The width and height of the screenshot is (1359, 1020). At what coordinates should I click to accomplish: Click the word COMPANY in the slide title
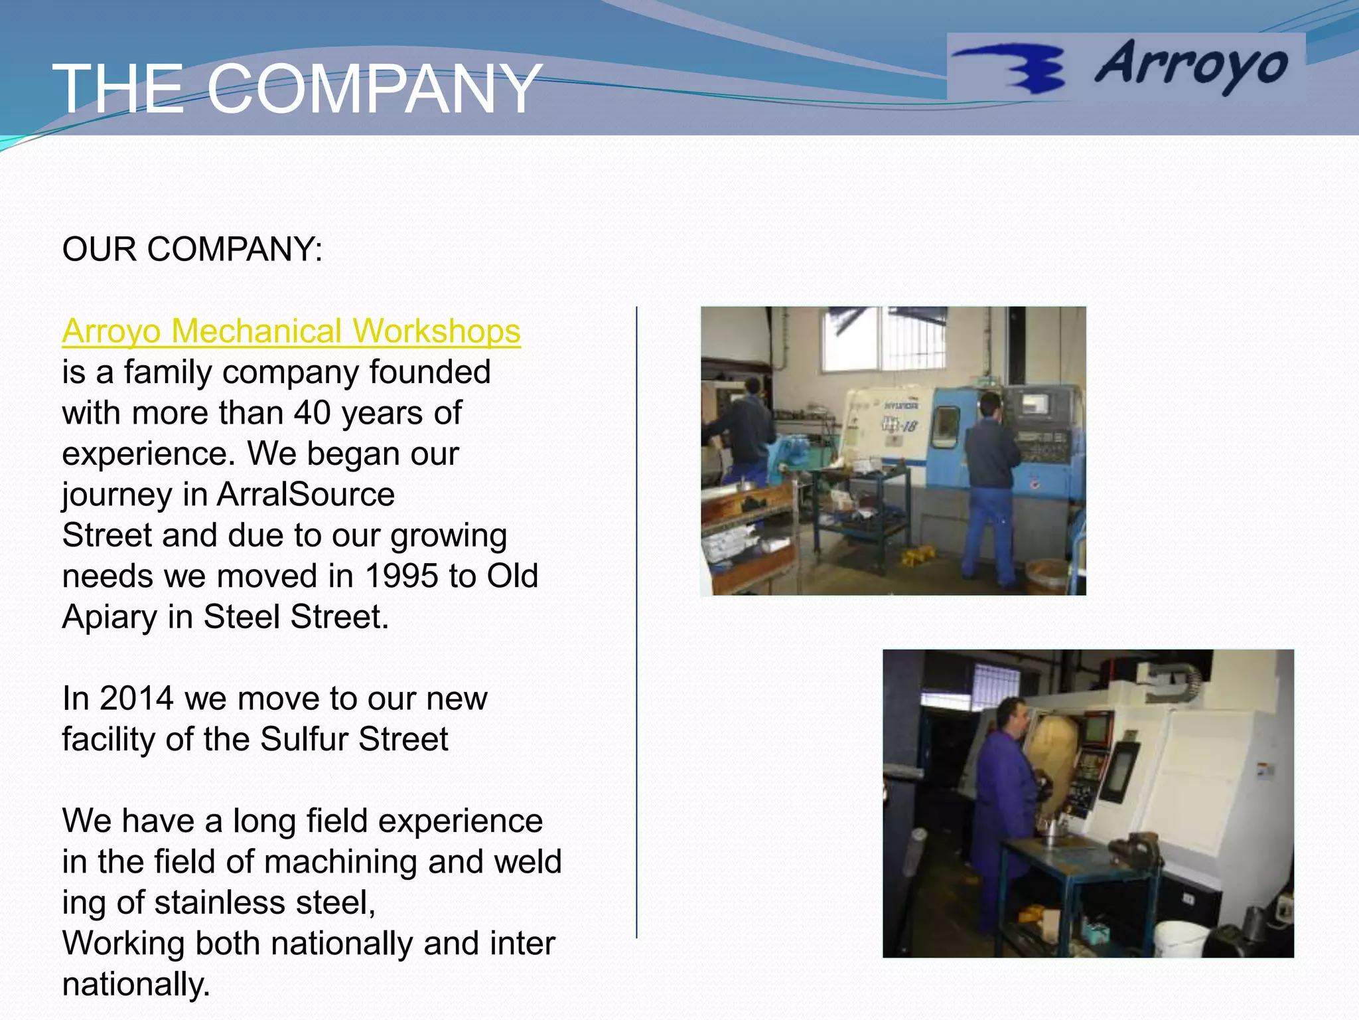point(374,89)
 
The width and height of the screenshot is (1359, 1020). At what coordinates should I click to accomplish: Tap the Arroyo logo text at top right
point(1191,65)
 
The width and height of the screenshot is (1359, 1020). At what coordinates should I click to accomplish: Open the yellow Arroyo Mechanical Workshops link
point(291,331)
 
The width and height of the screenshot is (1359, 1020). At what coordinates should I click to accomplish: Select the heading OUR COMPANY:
point(192,250)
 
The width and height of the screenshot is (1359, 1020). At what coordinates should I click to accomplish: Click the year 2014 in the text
point(137,699)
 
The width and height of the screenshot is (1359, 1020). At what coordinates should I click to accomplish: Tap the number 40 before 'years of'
point(313,413)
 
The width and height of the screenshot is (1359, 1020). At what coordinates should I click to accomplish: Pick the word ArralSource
point(306,495)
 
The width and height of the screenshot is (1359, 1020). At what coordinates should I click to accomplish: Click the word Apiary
point(109,617)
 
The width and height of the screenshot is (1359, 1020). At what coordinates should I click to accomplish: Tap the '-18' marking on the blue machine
point(907,426)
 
